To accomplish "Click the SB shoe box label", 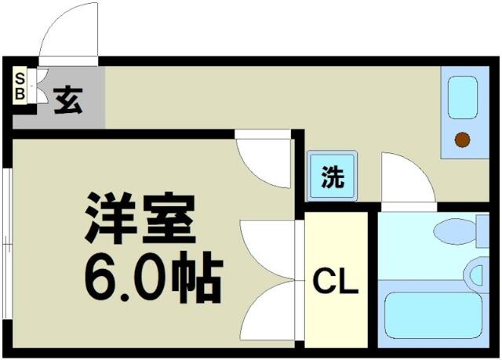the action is pos(20,85).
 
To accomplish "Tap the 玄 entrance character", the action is pos(68,100).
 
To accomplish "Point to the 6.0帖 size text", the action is pos(154,277).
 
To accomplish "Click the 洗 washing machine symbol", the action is pos(333,176).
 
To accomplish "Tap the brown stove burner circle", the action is pos(462,140).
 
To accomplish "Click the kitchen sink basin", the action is pos(463,97).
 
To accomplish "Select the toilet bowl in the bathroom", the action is pos(455,231).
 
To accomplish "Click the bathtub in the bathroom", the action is pos(433,315).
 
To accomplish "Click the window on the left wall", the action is pos(7,244).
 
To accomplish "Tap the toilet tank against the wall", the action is pos(483,231).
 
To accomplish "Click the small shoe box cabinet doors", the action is pos(41,85).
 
